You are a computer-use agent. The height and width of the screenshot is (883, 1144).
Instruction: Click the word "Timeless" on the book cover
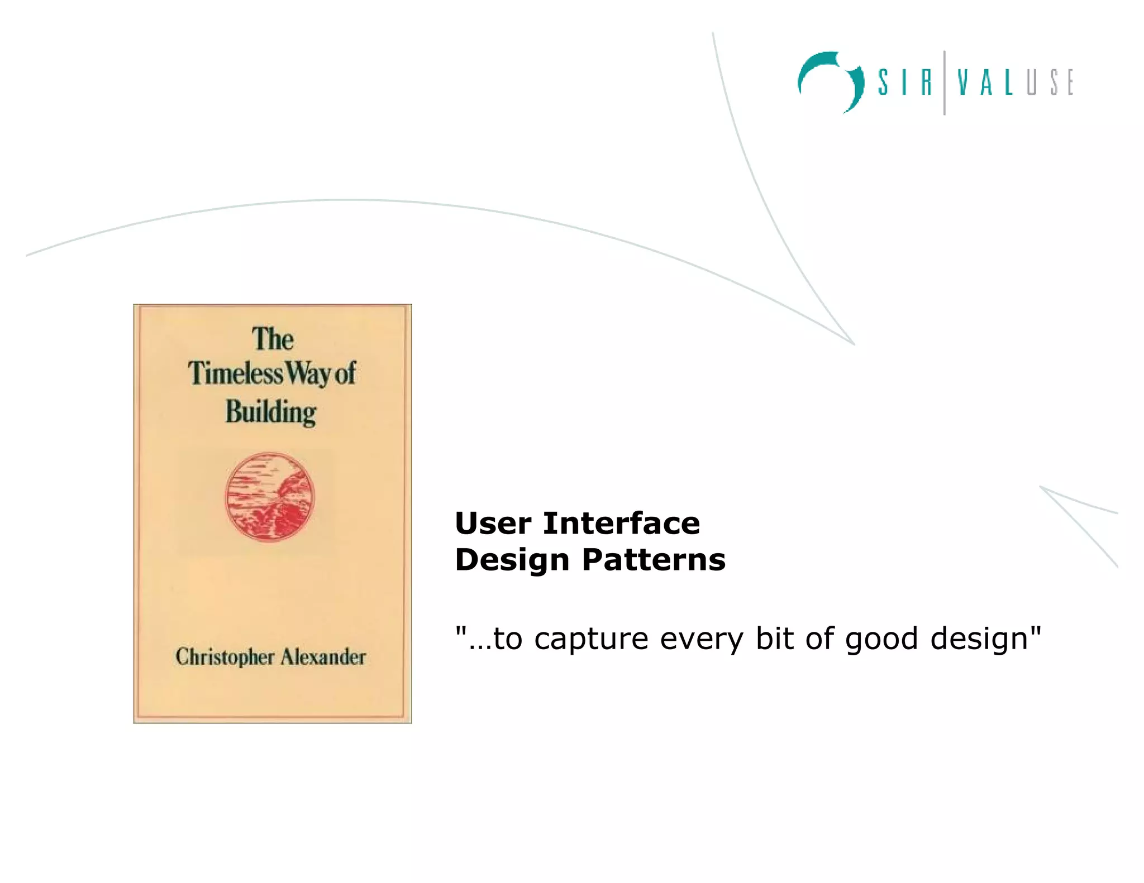pos(235,373)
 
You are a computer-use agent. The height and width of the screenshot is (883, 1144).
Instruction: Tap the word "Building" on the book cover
pos(271,412)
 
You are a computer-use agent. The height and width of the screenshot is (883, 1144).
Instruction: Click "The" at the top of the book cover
pos(273,339)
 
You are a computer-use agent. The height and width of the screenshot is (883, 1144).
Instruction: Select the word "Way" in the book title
pos(309,373)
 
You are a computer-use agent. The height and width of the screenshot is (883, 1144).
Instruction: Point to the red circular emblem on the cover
pos(270,497)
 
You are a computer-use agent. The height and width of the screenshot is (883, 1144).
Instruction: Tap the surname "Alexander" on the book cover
pos(323,656)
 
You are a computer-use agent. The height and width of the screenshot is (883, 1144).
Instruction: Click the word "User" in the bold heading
pos(493,524)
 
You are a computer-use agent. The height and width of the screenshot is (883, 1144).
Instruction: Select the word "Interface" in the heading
pos(621,524)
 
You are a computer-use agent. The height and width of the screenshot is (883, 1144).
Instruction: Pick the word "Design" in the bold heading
pos(512,560)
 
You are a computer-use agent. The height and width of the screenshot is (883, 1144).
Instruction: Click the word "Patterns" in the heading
pos(654,560)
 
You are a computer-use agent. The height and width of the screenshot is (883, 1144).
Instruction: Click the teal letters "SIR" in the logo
pos(904,83)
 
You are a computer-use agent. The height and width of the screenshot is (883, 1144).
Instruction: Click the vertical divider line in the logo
pos(945,83)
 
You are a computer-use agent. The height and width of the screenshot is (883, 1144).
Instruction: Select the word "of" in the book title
pos(345,373)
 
